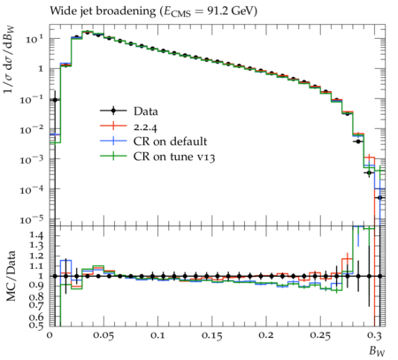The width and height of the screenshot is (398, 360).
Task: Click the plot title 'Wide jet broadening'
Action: point(103,11)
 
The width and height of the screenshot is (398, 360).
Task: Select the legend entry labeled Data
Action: point(129,111)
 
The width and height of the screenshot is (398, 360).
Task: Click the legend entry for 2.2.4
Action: point(128,126)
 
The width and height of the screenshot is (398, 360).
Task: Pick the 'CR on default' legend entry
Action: point(153,142)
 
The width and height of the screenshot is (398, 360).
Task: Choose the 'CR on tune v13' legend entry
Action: point(157,157)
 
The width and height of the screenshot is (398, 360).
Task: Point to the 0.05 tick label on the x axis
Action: point(103,335)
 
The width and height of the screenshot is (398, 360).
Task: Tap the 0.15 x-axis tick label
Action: point(211,335)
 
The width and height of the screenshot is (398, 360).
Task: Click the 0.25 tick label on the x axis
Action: point(320,335)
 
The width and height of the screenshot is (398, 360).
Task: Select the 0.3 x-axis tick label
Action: point(374,335)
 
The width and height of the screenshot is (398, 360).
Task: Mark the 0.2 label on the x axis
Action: point(266,335)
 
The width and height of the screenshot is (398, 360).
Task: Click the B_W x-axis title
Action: point(378,351)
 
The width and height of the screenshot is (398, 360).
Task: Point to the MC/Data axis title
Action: point(11,276)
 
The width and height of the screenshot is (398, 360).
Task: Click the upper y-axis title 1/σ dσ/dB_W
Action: point(10,59)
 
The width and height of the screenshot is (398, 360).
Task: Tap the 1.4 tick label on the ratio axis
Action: point(36,235)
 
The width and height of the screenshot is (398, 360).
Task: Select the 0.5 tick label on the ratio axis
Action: point(36,325)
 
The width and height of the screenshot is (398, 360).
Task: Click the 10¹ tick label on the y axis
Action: point(34,39)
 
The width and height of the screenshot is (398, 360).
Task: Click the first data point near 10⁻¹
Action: point(55,100)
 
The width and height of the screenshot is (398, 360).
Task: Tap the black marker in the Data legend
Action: point(113,111)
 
